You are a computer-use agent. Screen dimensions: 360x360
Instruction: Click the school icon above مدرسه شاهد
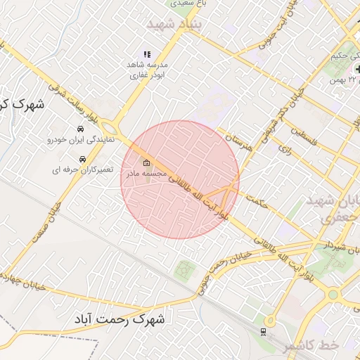coord(147,54)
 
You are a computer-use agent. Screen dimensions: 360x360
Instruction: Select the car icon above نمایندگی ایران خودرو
coord(82,129)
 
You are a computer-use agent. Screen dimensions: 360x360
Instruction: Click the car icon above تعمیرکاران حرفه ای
coord(83,160)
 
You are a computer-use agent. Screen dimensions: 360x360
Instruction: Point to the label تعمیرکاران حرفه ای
coord(78,170)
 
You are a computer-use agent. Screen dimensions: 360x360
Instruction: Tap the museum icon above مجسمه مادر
coord(146,163)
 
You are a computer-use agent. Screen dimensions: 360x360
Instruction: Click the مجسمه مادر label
coord(145,173)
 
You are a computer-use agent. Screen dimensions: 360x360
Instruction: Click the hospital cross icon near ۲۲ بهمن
coord(359,69)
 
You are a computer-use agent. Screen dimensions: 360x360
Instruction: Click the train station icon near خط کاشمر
coord(264,330)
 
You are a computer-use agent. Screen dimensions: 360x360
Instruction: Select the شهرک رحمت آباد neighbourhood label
coord(120,320)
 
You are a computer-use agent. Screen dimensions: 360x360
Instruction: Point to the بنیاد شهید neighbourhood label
coord(174,23)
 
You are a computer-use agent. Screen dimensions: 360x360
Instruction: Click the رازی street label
coord(285,149)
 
